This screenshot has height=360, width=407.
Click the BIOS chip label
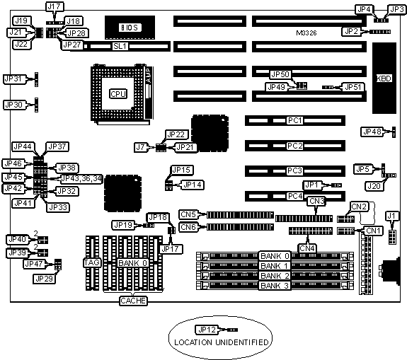click(130, 28)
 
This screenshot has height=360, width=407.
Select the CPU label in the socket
click(118, 94)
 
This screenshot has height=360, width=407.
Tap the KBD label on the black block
click(384, 79)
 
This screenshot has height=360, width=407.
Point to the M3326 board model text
click(306, 33)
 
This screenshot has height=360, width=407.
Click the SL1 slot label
click(120, 47)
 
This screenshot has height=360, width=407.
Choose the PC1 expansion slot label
click(295, 121)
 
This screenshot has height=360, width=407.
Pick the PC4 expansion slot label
click(295, 196)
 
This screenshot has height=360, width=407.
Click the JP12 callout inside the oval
click(207, 330)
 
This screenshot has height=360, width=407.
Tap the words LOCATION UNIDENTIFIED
click(221, 342)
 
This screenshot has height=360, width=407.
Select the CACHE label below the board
click(133, 301)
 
